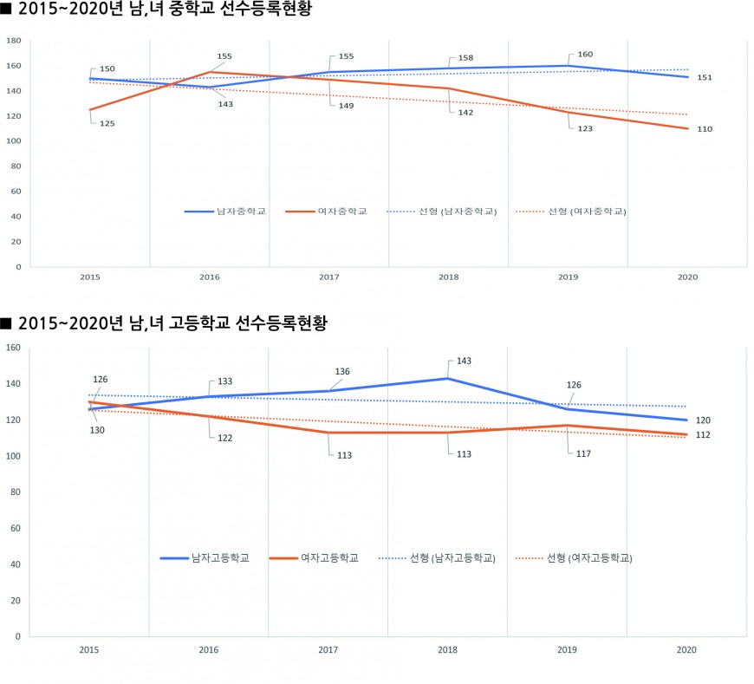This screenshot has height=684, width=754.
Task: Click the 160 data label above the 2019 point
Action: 585,55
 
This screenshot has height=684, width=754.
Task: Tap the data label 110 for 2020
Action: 705,128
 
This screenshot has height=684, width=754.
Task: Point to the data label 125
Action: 107,124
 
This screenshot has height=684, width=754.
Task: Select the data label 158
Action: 465,58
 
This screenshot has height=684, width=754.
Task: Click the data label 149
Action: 346,106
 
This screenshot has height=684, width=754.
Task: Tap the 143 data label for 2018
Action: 465,361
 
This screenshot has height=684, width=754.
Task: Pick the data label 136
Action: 343,371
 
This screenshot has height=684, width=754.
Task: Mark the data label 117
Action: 585,453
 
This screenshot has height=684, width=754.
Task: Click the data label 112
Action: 704,435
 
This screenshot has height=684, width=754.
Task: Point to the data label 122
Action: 226,437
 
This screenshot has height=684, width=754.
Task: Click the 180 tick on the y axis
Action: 14,41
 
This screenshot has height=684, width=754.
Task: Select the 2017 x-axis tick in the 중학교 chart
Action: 328,277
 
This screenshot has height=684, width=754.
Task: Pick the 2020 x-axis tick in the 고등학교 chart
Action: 686,648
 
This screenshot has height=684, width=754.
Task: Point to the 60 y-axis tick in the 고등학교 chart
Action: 16,528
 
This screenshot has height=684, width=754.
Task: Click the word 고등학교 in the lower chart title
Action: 205,323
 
